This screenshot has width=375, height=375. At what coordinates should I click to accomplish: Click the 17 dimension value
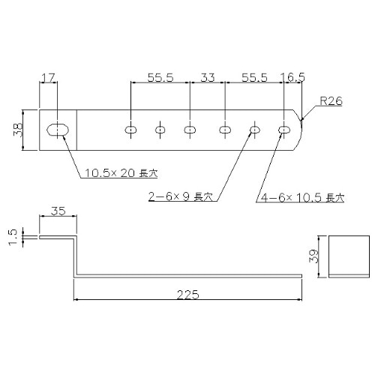(48, 76)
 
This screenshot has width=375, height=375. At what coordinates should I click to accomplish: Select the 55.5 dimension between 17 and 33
(160, 76)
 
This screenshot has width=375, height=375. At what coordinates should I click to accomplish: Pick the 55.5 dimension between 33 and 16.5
(253, 76)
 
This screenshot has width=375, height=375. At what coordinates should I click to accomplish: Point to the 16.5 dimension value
(291, 76)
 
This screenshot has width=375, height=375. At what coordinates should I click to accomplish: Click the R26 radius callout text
(330, 100)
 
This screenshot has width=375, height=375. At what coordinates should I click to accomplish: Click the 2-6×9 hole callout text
(181, 197)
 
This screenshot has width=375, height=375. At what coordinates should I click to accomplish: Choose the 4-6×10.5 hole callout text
(299, 197)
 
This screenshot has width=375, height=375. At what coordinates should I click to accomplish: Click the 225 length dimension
(187, 295)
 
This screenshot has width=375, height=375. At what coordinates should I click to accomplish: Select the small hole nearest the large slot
(131, 130)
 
